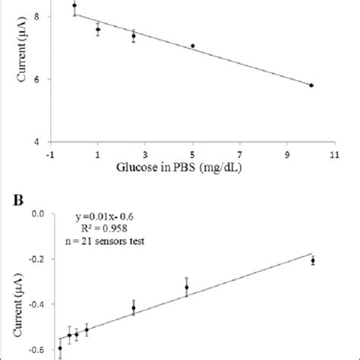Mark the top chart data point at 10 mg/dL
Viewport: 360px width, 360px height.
[311, 85]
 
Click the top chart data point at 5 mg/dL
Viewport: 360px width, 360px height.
[193, 46]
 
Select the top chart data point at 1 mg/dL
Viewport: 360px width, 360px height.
[98, 30]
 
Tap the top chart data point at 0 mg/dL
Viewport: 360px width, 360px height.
[74, 5]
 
